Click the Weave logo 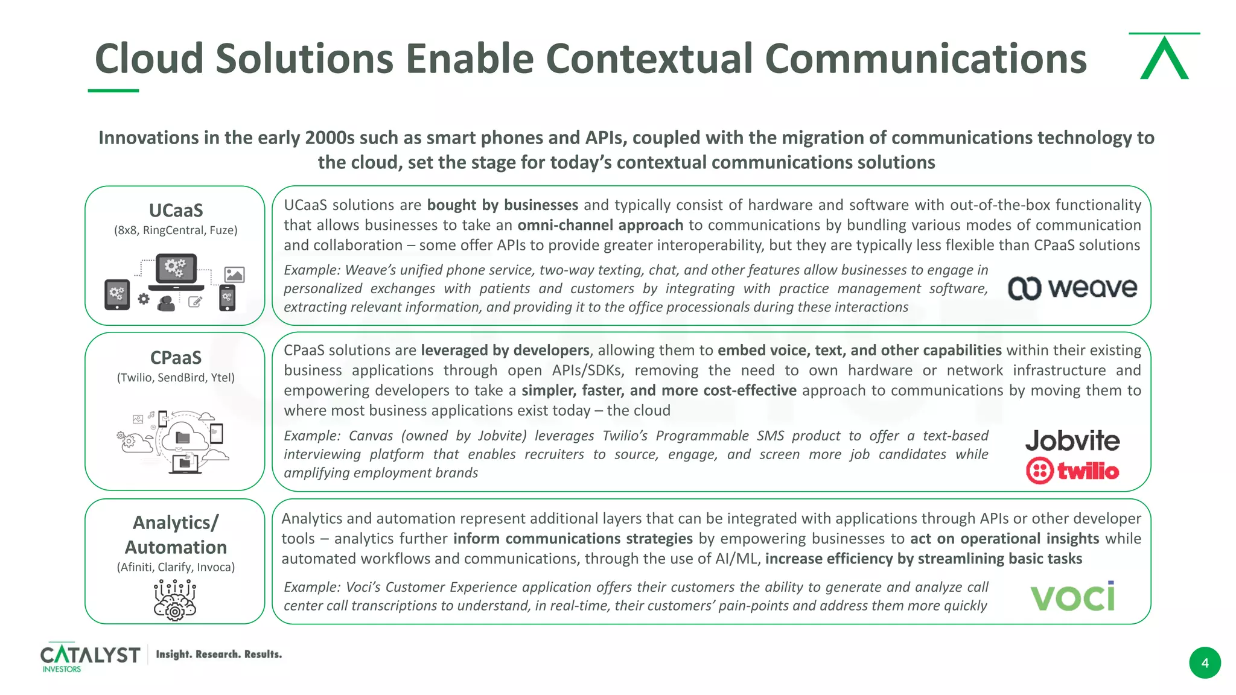point(1072,288)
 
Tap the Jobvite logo point(1072,441)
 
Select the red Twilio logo point(1072,471)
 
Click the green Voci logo point(1072,597)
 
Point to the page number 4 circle point(1205,663)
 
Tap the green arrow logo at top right point(1164,57)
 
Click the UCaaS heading point(176,211)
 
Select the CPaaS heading point(176,358)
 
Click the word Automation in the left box point(176,547)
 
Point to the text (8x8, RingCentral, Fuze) point(176,230)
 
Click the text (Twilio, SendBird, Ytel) point(176,378)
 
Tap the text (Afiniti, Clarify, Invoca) point(176,567)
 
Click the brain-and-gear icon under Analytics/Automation point(175,600)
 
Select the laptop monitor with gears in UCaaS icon point(176,270)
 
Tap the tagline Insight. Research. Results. point(218,655)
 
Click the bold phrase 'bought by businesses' point(502,205)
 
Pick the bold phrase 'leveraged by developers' point(505,351)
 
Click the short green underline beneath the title point(113,90)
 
